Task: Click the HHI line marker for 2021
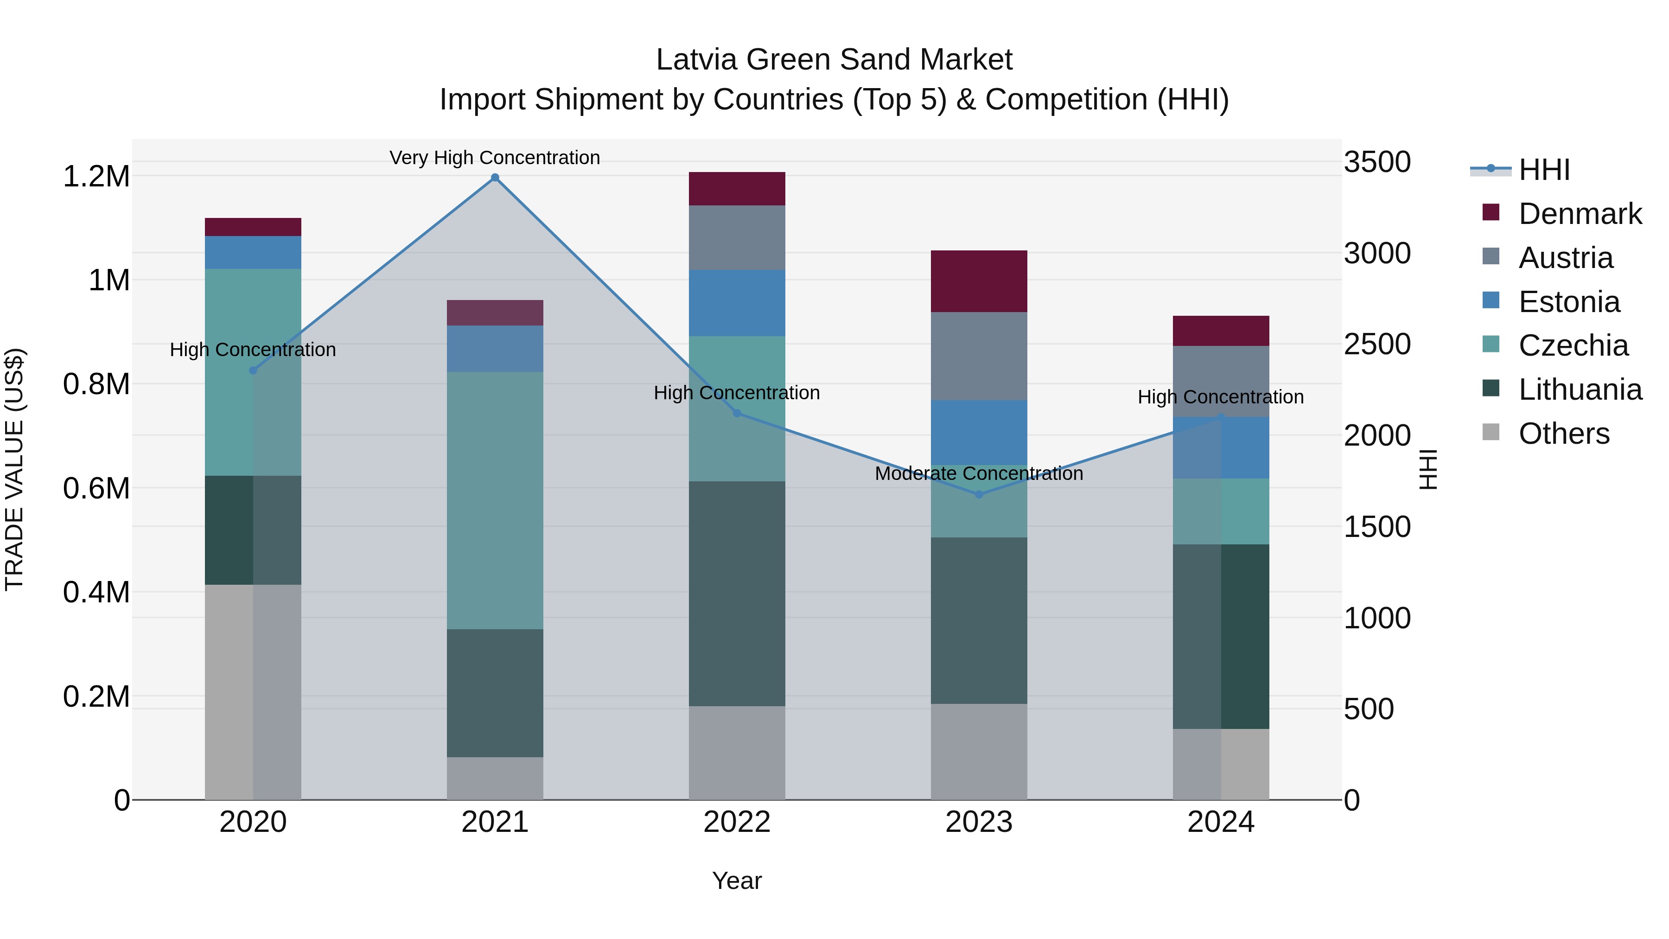tap(495, 178)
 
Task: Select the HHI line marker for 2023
tap(979, 494)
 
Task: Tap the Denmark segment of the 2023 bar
tap(979, 281)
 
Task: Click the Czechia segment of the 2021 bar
tap(495, 500)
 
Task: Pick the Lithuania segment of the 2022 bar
tap(737, 594)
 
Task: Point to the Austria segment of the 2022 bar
tap(737, 238)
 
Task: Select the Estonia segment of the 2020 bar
tap(253, 253)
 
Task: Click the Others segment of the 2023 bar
tap(979, 752)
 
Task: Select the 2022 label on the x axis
tap(737, 822)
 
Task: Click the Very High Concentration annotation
tap(495, 158)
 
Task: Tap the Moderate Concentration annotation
tap(979, 474)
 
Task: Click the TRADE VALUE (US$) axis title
tap(14, 469)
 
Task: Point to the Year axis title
tap(737, 881)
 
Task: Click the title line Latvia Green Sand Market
tap(834, 60)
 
